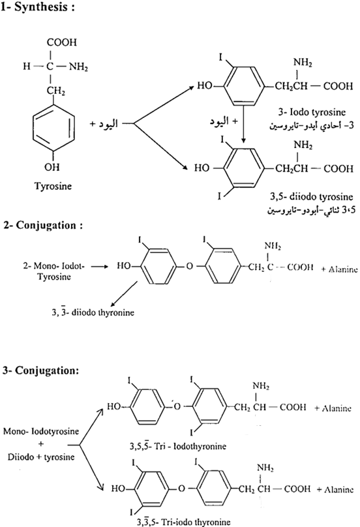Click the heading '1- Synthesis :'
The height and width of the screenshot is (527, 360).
coord(37,7)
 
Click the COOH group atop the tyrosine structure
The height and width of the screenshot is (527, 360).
coord(61,42)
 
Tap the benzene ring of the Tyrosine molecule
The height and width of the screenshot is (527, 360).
coord(53,128)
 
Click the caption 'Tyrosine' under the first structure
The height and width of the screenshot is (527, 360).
coord(53,186)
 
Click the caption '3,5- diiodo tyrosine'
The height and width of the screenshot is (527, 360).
coord(312,196)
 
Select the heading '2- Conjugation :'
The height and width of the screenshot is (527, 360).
coord(42,225)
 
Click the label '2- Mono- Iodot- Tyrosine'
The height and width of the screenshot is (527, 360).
coord(53,271)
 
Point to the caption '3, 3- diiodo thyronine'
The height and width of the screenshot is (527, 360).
coord(93,312)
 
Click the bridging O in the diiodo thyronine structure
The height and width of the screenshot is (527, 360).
coord(190,267)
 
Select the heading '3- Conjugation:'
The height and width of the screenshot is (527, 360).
coord(40,370)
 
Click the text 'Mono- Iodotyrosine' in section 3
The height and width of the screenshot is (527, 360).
coord(41,431)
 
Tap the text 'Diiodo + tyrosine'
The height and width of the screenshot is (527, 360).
coord(41,457)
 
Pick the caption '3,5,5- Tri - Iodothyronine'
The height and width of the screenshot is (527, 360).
coord(178,446)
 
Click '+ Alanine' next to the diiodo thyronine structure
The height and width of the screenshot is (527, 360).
coord(339,269)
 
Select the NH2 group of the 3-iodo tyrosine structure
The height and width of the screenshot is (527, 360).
coord(303,63)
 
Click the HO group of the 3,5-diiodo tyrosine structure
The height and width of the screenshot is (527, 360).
coord(202,168)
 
